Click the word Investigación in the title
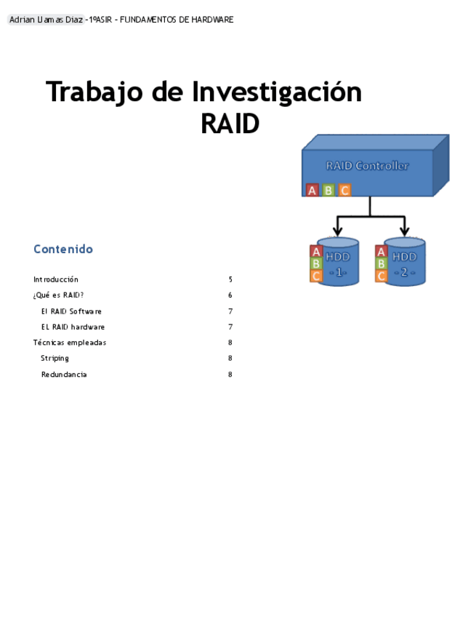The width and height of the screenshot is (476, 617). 277,92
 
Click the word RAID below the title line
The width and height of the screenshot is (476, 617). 230,124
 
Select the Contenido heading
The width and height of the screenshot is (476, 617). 63,249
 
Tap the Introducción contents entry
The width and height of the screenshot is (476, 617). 56,279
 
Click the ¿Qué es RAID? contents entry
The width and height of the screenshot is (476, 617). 59,295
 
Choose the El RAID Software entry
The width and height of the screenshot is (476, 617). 71,311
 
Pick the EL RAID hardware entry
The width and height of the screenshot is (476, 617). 73,327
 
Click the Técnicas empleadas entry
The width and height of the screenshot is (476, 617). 70,343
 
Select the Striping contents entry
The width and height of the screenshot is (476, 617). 55,359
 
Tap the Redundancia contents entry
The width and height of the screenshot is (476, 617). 64,375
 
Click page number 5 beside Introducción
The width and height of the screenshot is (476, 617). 230,279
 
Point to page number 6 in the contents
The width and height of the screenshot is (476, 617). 230,295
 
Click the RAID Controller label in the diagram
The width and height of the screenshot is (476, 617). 367,166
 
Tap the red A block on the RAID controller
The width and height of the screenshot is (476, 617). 312,190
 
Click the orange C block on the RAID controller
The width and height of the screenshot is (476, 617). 344,190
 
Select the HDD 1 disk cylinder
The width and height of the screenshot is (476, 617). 339,262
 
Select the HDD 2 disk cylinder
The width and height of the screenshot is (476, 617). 405,262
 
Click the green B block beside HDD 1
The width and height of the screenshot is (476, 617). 316,263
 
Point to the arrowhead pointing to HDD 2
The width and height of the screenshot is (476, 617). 405,231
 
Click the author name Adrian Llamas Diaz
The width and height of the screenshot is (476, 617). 46,20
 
